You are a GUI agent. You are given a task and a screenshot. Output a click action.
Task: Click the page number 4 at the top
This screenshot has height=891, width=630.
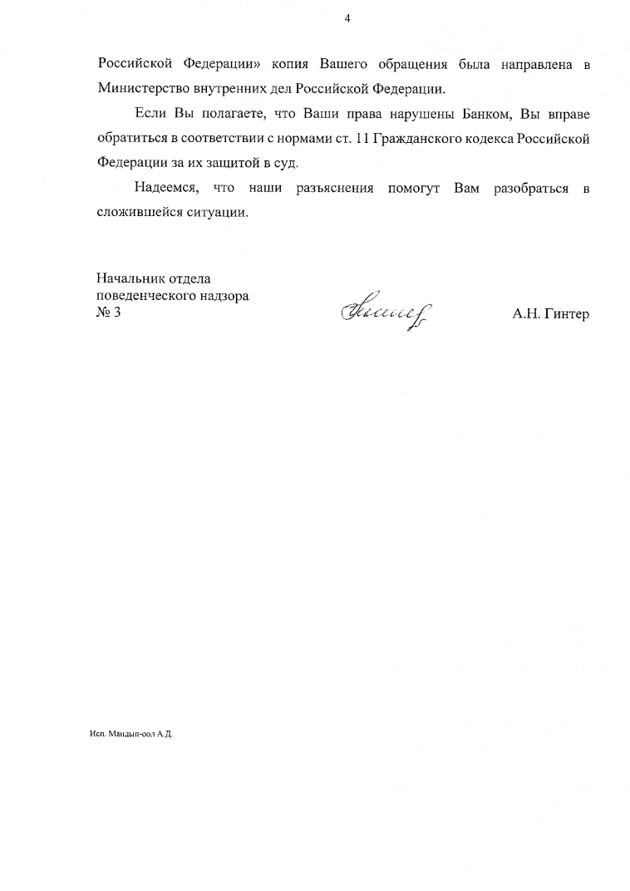347,18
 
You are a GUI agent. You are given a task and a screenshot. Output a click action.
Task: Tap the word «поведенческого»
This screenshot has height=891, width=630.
148,295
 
